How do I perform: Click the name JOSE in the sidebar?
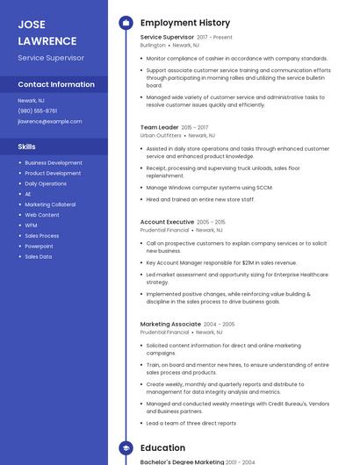[32, 25]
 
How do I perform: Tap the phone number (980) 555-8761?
[37, 111]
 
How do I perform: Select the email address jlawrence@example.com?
[50, 121]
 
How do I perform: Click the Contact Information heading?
[56, 84]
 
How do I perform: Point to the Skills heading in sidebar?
[27, 147]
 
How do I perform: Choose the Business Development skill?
[54, 162]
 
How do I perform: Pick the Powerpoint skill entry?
[39, 247]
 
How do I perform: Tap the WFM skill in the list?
[31, 225]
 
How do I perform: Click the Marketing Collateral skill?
[50, 204]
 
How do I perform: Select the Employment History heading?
[185, 23]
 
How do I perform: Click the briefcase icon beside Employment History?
[126, 23]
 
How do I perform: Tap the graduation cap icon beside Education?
[126, 447]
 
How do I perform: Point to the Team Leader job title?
[159, 127]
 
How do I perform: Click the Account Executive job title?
[167, 222]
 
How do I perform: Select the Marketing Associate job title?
[170, 324]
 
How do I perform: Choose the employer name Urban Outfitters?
[160, 136]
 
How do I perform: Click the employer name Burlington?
[153, 45]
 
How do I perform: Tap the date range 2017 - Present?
[215, 37]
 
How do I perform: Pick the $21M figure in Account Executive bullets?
[248, 261]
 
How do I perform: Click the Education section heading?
[162, 447]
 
